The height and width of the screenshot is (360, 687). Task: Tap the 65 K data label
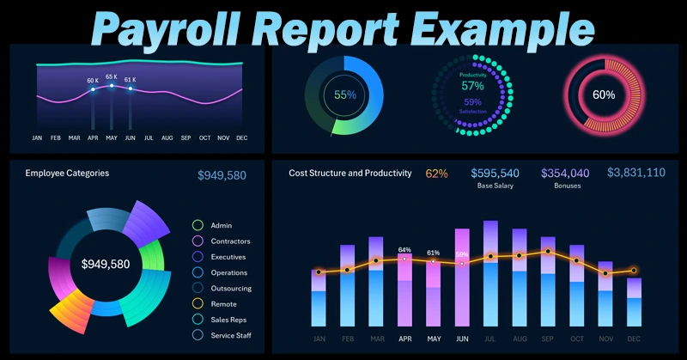click(x=111, y=77)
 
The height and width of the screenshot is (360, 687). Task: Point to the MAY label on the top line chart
click(x=111, y=138)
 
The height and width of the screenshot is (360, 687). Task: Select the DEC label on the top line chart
click(x=241, y=138)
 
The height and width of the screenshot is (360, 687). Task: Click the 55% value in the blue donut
click(x=345, y=95)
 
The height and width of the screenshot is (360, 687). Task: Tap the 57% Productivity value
click(x=472, y=86)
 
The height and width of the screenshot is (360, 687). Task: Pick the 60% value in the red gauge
click(x=604, y=95)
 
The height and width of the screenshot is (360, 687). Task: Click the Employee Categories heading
click(x=67, y=174)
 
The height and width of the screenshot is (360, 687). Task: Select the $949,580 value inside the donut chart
click(x=106, y=265)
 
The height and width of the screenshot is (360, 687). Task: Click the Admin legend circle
click(x=198, y=225)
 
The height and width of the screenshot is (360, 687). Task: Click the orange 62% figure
click(x=436, y=174)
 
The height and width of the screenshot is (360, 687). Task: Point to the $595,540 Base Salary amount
click(x=495, y=174)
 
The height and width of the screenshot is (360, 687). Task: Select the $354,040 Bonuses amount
click(x=565, y=174)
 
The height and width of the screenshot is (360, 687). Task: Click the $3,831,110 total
click(x=635, y=173)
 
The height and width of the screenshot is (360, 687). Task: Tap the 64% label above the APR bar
click(x=404, y=250)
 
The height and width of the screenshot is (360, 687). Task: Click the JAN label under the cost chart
click(x=319, y=339)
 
